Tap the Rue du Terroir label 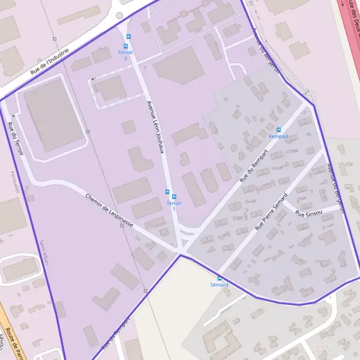(15, 139)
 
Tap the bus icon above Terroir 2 (127, 46)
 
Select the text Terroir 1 (174, 206)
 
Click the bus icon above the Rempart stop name (278, 130)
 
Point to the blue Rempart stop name (278, 137)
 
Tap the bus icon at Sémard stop (220, 278)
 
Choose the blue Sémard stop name (220, 284)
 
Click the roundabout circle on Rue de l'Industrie (119, 16)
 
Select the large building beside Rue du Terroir (53, 115)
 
